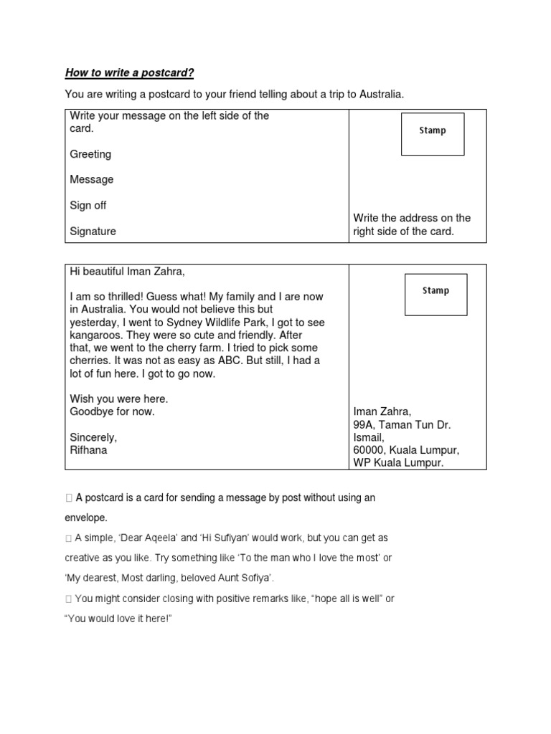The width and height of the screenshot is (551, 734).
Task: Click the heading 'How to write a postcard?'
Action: tap(130, 72)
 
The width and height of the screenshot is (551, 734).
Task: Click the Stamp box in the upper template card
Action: tap(432, 133)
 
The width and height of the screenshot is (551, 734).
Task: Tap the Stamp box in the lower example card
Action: tap(435, 294)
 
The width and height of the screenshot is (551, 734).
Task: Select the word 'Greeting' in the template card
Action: tap(90, 154)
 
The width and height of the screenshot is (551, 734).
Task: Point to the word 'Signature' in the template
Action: tap(93, 232)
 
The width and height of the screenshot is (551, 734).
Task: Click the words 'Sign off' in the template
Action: tap(88, 206)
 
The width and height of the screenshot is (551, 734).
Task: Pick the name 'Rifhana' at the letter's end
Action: tap(88, 450)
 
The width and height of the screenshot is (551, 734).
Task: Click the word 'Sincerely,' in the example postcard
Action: tap(93, 437)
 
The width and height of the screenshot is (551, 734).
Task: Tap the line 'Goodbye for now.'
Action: tap(112, 411)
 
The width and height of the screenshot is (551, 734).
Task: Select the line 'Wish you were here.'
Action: tap(118, 399)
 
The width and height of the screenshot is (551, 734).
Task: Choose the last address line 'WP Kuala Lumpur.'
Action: tap(398, 463)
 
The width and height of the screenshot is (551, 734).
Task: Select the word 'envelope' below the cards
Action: tap(85, 517)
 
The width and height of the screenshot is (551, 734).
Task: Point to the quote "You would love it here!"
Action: tap(119, 619)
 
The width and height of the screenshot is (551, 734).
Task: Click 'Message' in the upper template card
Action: tap(91, 180)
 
